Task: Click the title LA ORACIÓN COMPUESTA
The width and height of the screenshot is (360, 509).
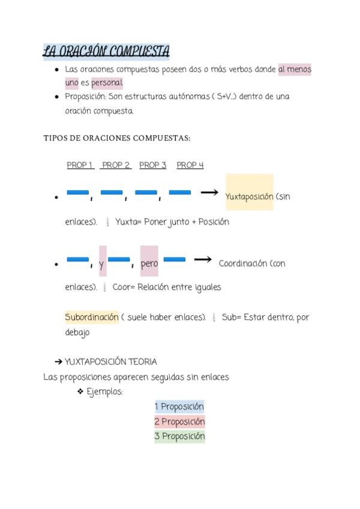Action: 106,52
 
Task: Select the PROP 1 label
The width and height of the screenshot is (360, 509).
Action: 80,165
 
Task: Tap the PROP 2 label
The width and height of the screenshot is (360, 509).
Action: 116,165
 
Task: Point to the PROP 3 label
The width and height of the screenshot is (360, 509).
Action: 152,165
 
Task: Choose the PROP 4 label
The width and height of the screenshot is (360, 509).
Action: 190,165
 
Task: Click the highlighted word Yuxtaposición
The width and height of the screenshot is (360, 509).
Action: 249,196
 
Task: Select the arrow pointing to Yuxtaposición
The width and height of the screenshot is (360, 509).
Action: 209,192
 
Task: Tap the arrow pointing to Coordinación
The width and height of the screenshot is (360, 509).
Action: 203,259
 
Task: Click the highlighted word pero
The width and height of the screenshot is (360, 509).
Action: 149,264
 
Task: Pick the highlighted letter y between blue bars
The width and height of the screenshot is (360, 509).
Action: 102,264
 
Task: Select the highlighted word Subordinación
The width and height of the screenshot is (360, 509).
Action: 92,317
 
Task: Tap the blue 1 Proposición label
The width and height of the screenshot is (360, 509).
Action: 179,407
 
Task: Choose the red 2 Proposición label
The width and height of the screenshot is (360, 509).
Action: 179,421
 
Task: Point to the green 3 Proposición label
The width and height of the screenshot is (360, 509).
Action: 179,436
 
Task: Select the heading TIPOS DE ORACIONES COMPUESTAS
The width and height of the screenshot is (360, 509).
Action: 117,138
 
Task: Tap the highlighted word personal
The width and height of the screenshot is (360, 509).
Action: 107,83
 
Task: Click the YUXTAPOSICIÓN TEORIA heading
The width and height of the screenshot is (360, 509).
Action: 110,362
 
